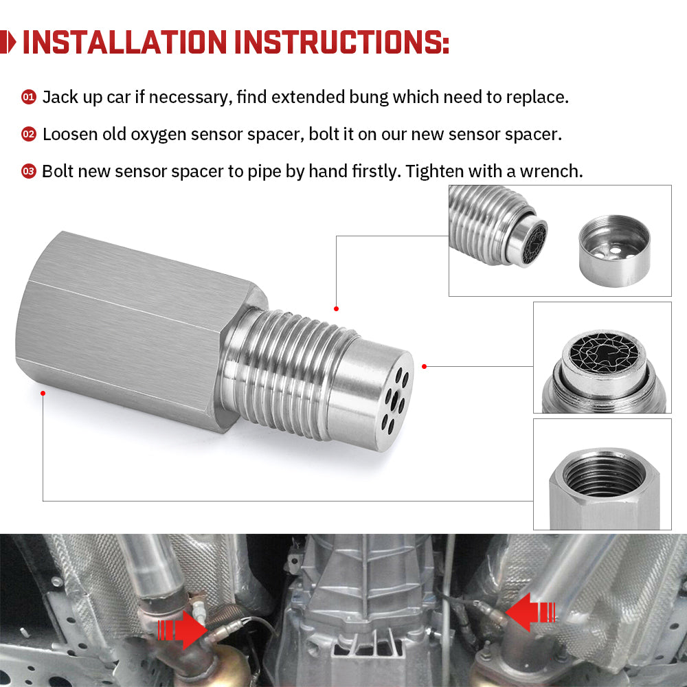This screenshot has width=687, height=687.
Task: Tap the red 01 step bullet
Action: click(x=28, y=97)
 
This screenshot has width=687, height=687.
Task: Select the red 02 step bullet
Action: click(x=28, y=134)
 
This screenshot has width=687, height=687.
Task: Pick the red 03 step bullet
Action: click(x=28, y=171)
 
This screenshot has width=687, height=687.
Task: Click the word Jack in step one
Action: click(x=59, y=97)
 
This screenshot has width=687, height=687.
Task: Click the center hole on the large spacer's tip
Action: click(x=391, y=397)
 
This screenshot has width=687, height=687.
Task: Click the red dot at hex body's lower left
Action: click(x=43, y=393)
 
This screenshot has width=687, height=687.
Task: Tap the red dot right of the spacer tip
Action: click(x=425, y=366)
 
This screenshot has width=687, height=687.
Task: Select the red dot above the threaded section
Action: click(x=336, y=308)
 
